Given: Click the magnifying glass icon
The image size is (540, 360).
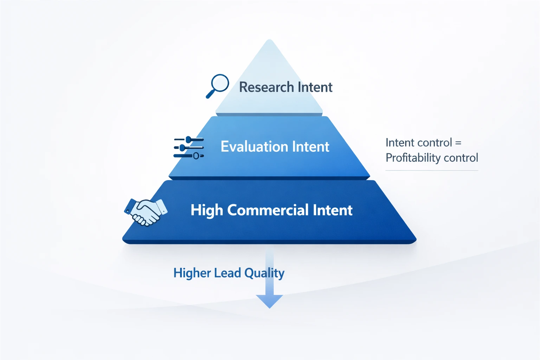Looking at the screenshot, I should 217,86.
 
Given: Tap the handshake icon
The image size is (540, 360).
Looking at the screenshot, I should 146,212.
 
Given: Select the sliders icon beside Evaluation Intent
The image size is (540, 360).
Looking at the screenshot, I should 189,148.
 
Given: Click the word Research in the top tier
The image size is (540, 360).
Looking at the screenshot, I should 266,87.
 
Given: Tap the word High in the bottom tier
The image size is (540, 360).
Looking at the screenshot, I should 207,211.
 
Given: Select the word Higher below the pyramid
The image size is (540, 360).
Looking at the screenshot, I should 192,273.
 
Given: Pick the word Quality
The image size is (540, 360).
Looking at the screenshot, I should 264,273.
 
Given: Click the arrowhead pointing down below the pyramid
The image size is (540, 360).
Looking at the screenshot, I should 269,301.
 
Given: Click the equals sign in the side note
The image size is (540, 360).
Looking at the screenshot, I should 458,143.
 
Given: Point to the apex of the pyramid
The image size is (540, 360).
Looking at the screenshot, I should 270,40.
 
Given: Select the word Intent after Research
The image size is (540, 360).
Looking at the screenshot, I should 315,87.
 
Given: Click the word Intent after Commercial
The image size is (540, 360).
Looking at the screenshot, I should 333,210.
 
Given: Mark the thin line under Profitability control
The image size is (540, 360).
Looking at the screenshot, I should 432,171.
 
